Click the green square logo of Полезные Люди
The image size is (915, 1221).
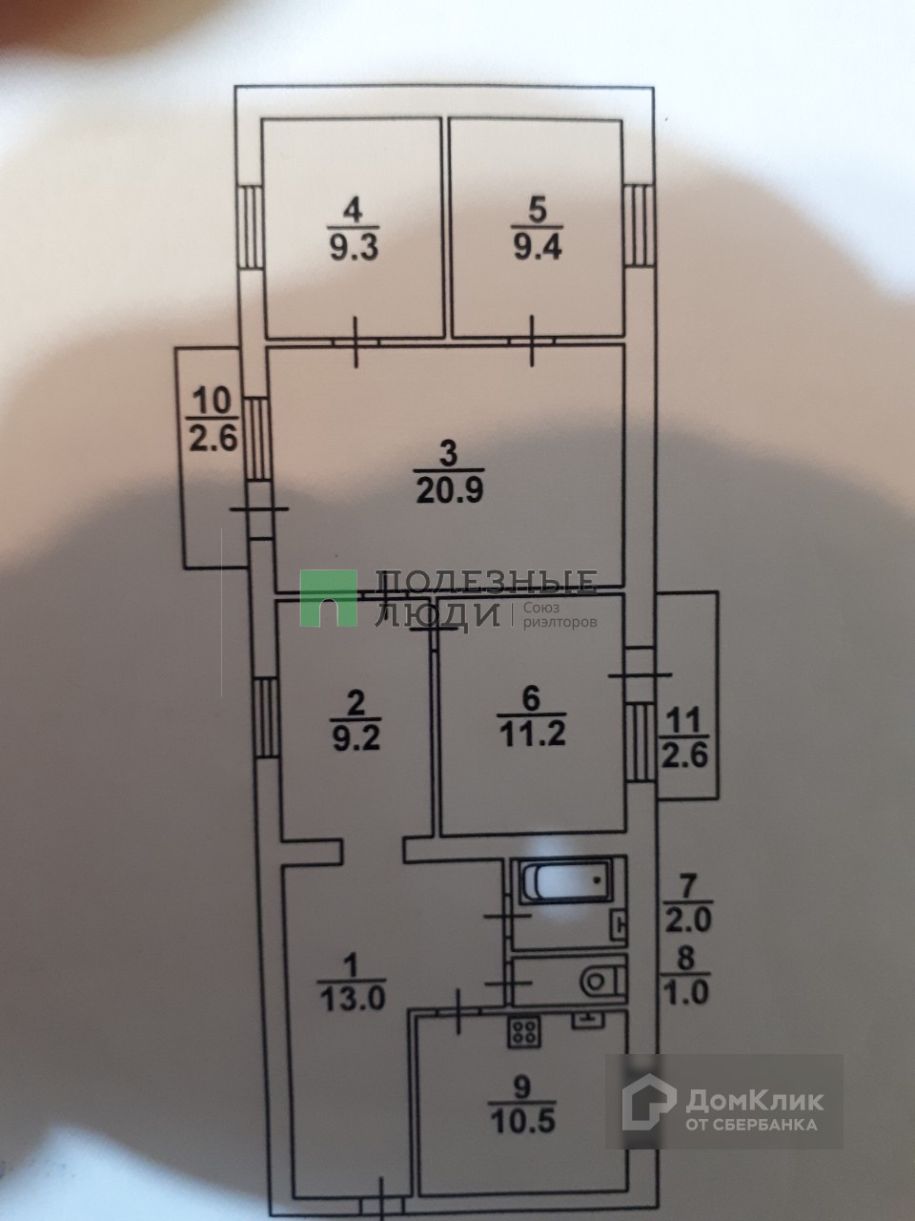[x=329, y=598]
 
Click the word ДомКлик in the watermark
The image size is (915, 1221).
[x=754, y=1100]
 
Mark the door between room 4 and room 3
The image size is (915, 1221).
[x=356, y=341]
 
